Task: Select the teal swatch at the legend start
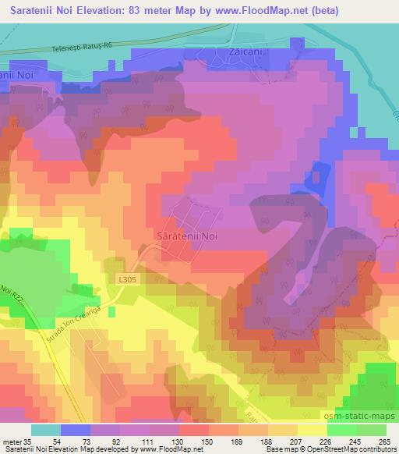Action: (x=45, y=430)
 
